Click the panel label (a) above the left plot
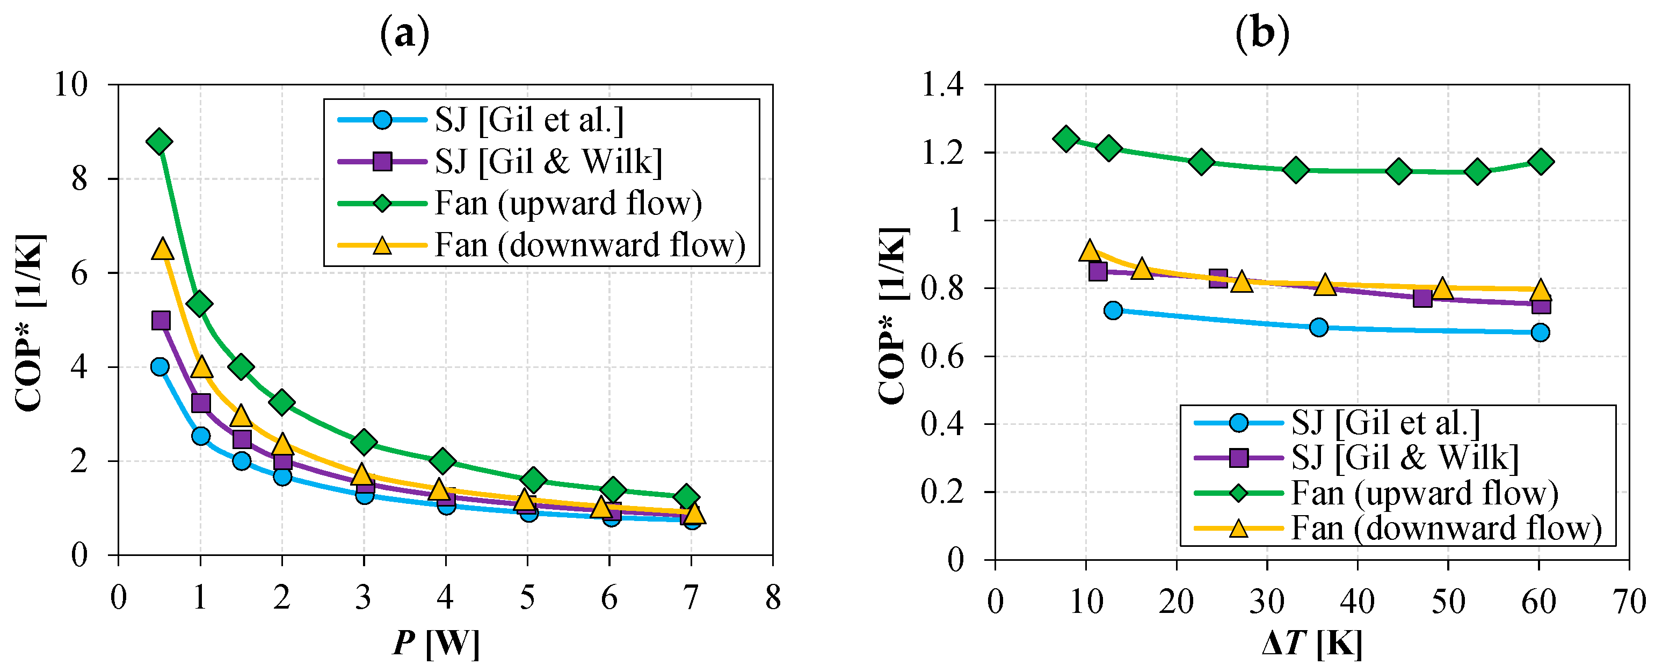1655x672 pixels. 404,34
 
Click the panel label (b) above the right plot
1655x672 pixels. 1262,34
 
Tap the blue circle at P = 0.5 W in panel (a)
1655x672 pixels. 160,367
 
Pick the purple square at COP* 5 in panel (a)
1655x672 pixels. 161,320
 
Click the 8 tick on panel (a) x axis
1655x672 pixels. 773,597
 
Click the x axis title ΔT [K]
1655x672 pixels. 1311,642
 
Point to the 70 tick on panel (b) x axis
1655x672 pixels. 1629,602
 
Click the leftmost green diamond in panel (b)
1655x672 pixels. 1066,138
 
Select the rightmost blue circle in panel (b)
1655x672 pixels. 1540,332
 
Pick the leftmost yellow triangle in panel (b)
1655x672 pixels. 1090,250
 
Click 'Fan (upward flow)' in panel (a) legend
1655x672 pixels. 568,204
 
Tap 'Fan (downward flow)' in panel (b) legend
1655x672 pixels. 1446,528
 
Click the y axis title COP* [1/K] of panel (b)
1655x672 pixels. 893,315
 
